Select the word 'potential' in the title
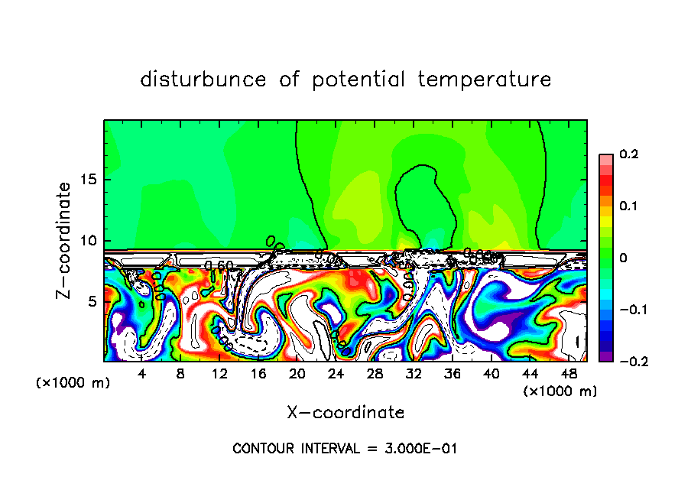click(x=358, y=80)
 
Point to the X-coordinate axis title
click(x=345, y=413)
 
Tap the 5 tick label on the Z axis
click(x=93, y=302)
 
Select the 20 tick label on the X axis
click(x=297, y=374)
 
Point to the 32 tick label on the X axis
click(x=414, y=374)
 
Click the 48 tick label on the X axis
click(x=569, y=374)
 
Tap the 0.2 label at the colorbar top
click(x=628, y=154)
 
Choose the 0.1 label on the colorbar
click(x=628, y=206)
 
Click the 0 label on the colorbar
click(x=623, y=258)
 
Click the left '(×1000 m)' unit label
click(x=73, y=383)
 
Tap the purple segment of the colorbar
click(x=605, y=356)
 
